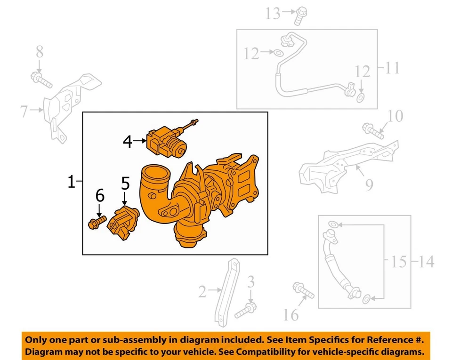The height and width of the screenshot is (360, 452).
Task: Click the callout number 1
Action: pyautogui.click(x=71, y=182)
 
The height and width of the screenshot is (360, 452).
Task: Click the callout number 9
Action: pyautogui.click(x=369, y=184)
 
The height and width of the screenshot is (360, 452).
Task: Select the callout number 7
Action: pyautogui.click(x=25, y=112)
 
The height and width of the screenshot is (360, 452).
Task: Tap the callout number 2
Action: pyautogui.click(x=202, y=292)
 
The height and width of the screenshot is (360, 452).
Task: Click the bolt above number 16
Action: pyautogui.click(x=303, y=290)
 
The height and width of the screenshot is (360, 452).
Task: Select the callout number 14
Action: pyautogui.click(x=426, y=261)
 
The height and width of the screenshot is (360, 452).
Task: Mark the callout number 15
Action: pyautogui.click(x=399, y=261)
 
